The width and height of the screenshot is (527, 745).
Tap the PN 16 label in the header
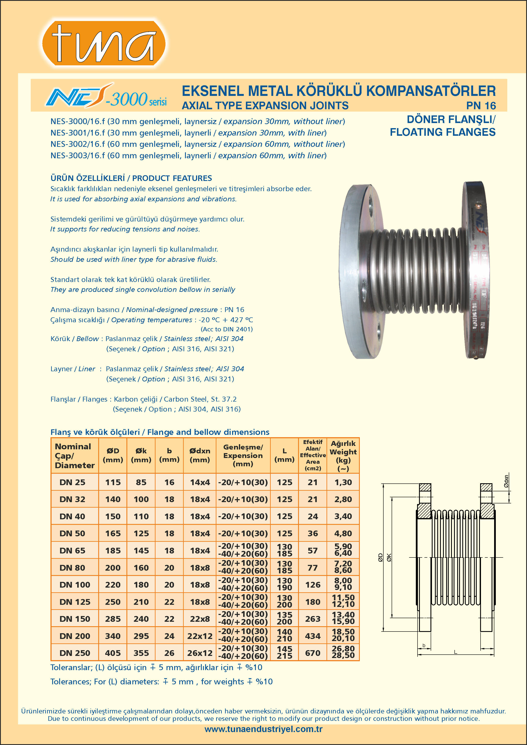tap(481, 106)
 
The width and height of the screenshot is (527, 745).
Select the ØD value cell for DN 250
tap(113, 653)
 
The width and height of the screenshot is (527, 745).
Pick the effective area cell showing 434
tap(313, 636)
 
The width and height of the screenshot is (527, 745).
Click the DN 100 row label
tap(75, 585)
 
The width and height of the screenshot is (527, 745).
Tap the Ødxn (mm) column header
tap(200, 455)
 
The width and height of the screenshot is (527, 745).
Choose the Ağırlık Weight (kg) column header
tap(343, 455)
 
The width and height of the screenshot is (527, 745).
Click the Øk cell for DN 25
tap(141, 482)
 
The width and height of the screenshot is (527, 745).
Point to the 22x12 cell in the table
tap(200, 636)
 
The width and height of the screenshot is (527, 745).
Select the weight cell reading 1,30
tap(343, 482)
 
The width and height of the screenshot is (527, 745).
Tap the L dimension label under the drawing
tap(455, 652)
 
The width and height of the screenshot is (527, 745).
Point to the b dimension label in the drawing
tap(424, 646)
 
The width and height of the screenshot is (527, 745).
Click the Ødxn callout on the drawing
tap(506, 481)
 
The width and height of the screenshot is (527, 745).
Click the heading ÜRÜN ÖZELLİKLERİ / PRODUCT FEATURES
tap(131, 178)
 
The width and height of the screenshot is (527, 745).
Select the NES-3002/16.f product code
tap(78, 144)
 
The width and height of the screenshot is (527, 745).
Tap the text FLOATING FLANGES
tap(442, 132)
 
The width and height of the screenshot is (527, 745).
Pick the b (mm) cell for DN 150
tap(169, 619)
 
